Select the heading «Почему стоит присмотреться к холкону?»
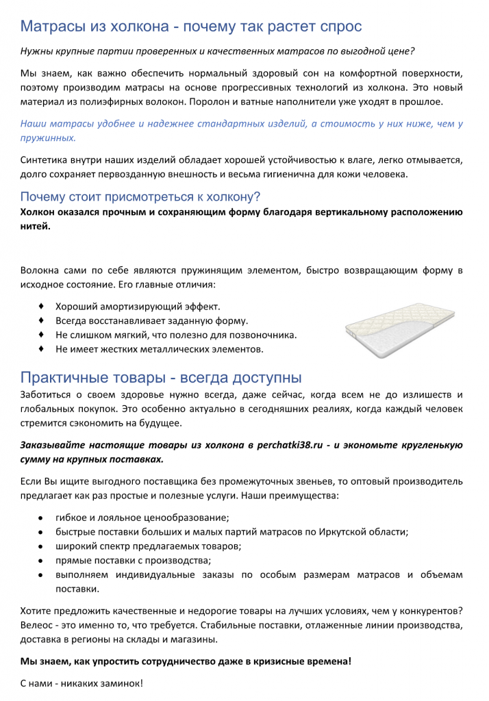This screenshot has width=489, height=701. point(140,197)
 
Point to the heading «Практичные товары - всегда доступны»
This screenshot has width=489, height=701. point(161,377)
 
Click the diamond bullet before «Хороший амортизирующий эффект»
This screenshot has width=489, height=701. point(42,305)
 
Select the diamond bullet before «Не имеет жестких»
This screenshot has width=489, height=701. point(42,348)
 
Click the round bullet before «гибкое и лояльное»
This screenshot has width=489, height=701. point(42,518)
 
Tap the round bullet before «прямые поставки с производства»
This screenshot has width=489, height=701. point(42,560)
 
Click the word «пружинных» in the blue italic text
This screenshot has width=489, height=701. point(47,138)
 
